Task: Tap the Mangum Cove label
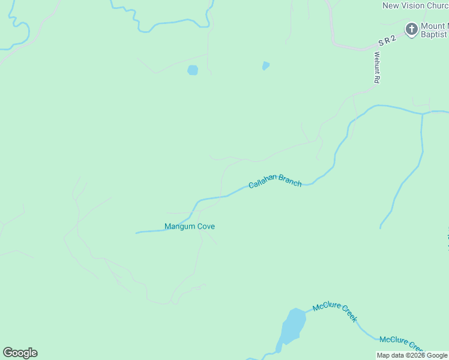click(x=190, y=226)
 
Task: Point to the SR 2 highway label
click(x=388, y=41)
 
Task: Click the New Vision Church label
click(x=415, y=6)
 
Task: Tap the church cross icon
click(x=412, y=29)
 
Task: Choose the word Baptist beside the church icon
click(x=433, y=35)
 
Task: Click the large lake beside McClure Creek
click(x=292, y=326)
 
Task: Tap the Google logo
click(x=20, y=353)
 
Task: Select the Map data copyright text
click(x=412, y=356)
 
